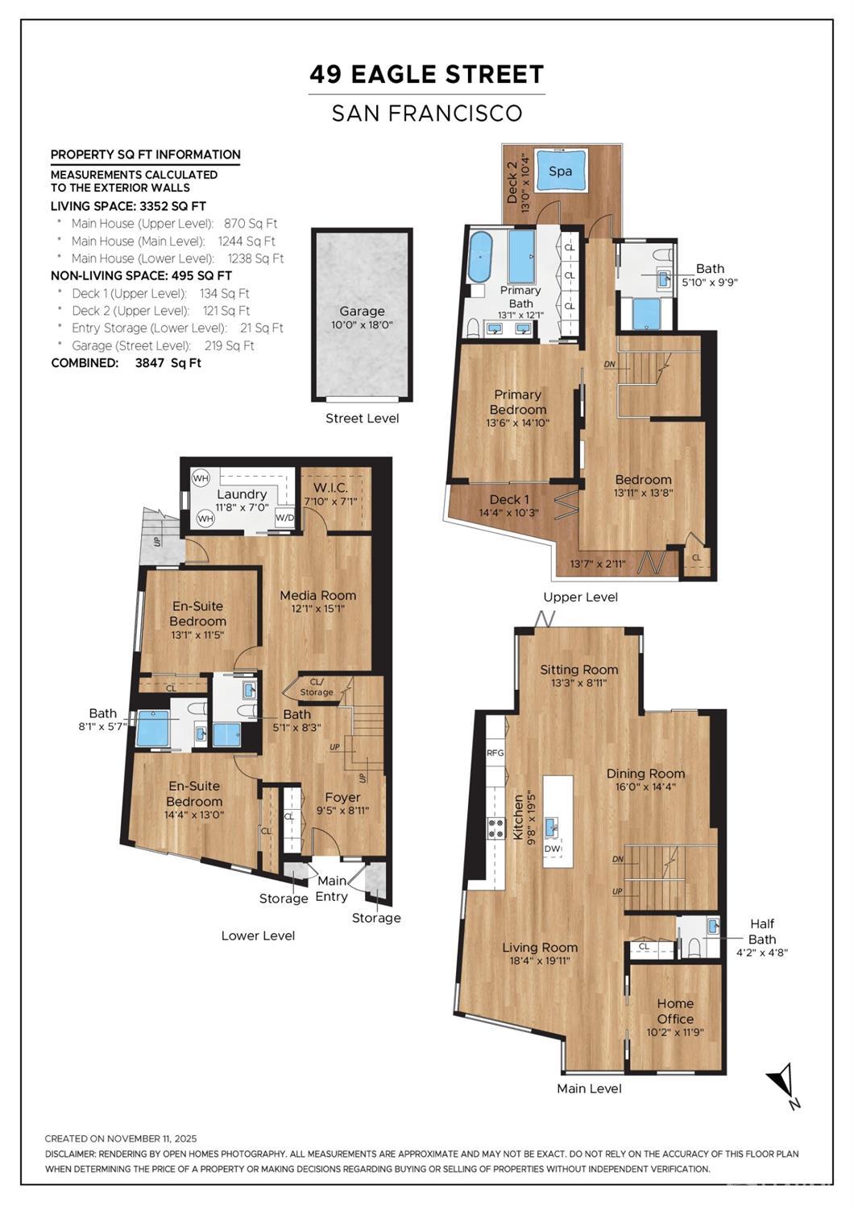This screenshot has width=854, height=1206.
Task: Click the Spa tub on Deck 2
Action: pos(560,171)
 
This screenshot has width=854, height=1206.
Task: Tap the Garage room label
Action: pos(362,312)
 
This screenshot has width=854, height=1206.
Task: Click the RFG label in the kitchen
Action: pos(495,753)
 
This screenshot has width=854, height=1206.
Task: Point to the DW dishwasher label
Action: pos(552,849)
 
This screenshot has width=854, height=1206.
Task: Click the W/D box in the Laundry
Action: pos(284,518)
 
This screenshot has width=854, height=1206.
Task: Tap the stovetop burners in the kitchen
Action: pos(496,828)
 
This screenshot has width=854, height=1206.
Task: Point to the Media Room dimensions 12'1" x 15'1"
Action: pos(317,609)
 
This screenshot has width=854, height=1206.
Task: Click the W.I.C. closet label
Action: pos(330,488)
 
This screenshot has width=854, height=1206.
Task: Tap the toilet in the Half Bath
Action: pos(694,947)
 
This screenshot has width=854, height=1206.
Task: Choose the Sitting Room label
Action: pos(578,669)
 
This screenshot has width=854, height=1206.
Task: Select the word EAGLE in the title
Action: pos(400,74)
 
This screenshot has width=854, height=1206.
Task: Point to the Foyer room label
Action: pos(342,797)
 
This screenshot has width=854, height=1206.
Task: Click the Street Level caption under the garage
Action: pos(362,419)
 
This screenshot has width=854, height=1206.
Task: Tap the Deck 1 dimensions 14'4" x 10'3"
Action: pos(508,513)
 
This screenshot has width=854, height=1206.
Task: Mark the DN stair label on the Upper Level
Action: pos(609,364)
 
